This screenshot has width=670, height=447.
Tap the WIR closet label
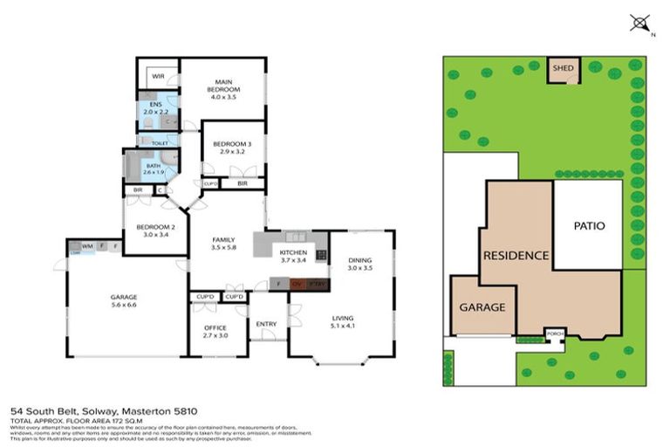[x=158, y=77]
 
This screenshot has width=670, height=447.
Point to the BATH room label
[x=153, y=168]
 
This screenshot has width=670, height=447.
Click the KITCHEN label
[x=293, y=255]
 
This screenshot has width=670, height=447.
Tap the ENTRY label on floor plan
[x=266, y=325]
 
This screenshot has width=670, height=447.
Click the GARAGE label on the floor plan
[x=123, y=302]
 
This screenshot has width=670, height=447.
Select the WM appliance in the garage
[x=87, y=246]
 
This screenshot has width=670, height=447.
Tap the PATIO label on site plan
[x=589, y=225]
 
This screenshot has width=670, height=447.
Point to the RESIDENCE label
[x=516, y=256]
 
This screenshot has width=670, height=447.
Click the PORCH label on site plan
[x=552, y=334]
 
